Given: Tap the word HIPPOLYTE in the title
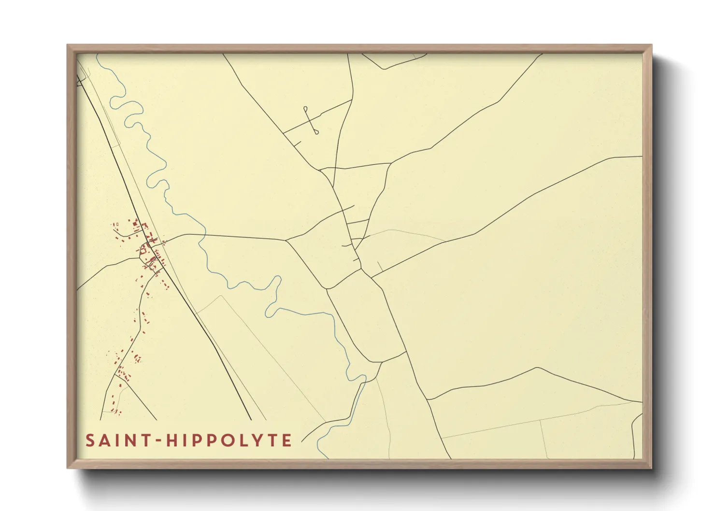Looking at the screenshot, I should pos(229,440).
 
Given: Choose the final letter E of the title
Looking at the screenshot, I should pos(287,440).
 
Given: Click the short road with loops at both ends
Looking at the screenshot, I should pos(311,120).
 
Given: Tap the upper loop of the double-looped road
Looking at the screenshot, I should pos(305,109).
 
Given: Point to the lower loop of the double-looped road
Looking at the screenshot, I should pos(316,131).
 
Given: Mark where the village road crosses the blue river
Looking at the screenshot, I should pos(204,235).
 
